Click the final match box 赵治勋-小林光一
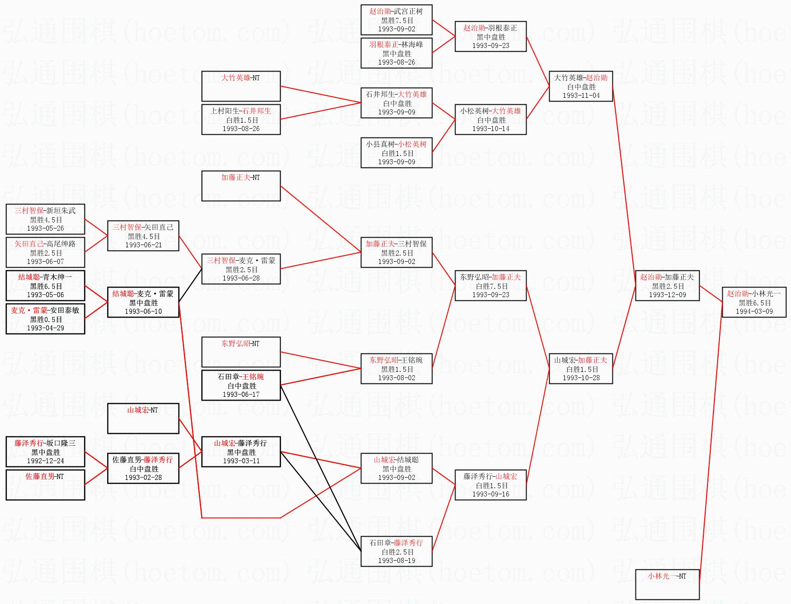(754, 302)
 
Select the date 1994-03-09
(754, 311)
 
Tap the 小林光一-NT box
(667, 584)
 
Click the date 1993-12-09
(667, 295)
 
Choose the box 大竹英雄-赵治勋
(581, 86)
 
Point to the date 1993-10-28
(581, 378)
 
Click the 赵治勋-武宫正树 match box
(396, 20)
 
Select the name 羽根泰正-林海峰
(396, 45)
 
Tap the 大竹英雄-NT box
(241, 86)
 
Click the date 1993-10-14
(491, 129)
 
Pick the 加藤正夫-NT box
(241, 186)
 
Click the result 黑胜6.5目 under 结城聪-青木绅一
(45, 286)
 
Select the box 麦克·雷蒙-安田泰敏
(45, 319)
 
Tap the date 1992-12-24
(45, 461)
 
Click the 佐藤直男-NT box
(45, 484)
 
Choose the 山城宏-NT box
(143, 419)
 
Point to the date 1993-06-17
(241, 395)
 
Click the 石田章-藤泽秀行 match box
(396, 551)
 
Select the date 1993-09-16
(491, 494)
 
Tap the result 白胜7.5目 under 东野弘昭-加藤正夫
(491, 286)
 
